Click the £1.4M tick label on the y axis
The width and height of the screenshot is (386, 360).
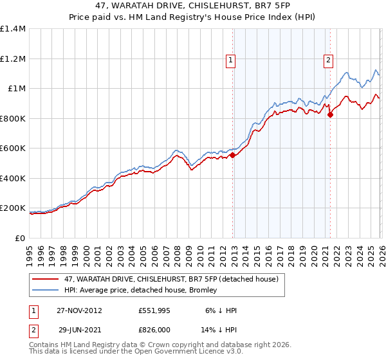[x=13, y=29]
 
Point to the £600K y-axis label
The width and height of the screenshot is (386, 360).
[x=13, y=148]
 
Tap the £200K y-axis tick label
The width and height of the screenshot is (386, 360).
[x=13, y=208]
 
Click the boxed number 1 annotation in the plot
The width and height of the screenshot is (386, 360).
[x=230, y=61]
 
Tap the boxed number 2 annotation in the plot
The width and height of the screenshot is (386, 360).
[x=328, y=61]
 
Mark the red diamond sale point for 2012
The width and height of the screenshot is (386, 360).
[x=232, y=155]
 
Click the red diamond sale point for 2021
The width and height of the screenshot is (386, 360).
[x=330, y=115]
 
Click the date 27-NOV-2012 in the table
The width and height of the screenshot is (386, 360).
[x=80, y=310]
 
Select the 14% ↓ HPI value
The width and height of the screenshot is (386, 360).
[x=218, y=330]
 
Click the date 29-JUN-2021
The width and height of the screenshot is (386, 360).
[x=80, y=330]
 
